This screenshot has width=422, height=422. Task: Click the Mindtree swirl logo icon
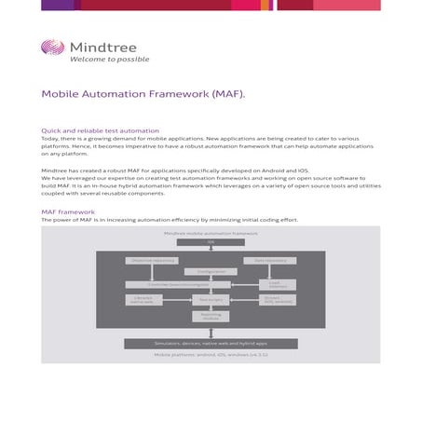coord(53,48)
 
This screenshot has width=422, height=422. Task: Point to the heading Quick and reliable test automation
coord(101,131)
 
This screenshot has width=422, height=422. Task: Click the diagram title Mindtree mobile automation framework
coord(211,233)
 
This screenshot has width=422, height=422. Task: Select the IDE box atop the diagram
coord(211,242)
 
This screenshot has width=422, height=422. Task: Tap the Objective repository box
coord(152,261)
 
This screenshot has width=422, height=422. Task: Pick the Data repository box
coord(270,261)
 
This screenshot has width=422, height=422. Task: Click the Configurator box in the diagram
coord(211,272)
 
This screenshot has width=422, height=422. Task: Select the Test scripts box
coord(211,300)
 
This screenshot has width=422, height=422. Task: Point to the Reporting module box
coord(211,316)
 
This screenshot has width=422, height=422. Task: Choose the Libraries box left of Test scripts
coord(143,300)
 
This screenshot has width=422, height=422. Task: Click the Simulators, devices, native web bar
coord(211,344)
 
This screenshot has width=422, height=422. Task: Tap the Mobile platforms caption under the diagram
coord(211,355)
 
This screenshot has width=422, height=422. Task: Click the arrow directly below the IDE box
coord(211,250)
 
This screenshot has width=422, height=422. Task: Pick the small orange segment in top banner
coord(265,5)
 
